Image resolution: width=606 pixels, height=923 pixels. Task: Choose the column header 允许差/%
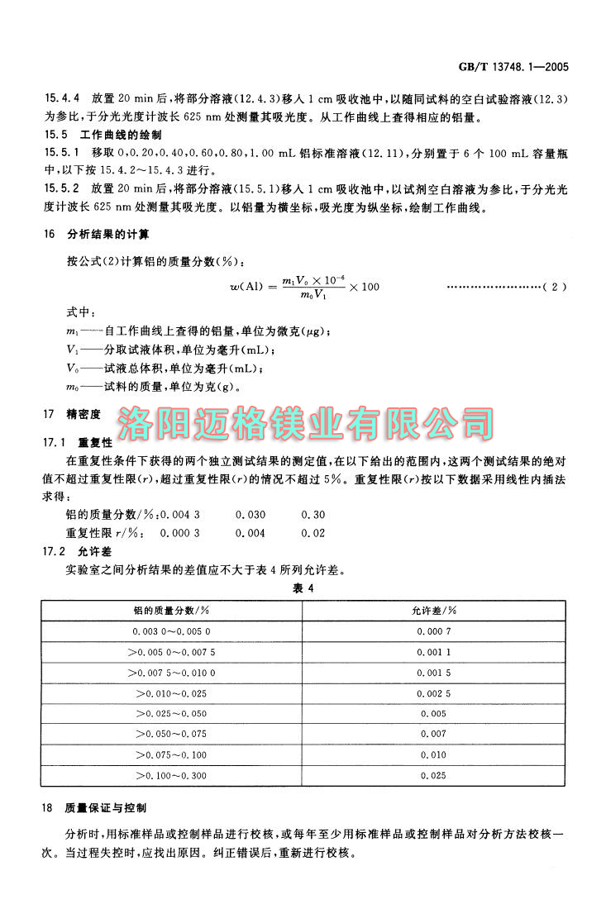[x=433, y=610]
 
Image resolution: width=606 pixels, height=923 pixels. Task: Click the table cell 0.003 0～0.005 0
[x=171, y=630]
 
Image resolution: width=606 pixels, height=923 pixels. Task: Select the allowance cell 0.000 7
[x=433, y=630]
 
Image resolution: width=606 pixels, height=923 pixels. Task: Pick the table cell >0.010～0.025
[x=171, y=692]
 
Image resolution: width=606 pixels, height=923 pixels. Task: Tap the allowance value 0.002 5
[x=433, y=692]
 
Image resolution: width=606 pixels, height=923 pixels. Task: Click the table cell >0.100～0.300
[x=171, y=775]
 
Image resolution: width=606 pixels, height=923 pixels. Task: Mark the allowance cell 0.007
[x=433, y=734]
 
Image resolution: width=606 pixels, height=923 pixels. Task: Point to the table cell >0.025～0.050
[x=171, y=713]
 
